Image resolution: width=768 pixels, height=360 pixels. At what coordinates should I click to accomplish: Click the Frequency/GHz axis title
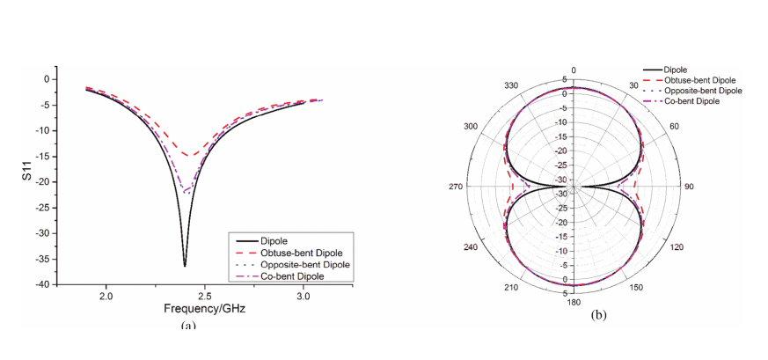[x=205, y=309]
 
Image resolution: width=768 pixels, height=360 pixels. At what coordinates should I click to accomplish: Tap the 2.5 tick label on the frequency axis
[x=205, y=296]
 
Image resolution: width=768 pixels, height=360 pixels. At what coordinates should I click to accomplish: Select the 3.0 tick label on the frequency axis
[x=304, y=296]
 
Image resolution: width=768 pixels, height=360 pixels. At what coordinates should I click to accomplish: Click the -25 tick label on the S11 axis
[x=44, y=208]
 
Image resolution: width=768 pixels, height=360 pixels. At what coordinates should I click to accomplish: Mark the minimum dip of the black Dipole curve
[x=185, y=266]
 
